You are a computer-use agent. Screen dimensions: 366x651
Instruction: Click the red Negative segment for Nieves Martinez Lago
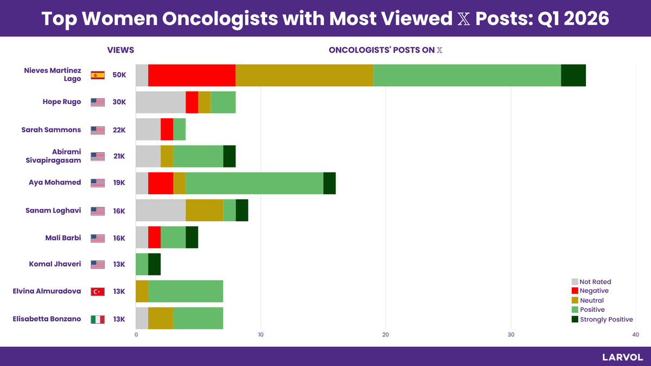point(192,75)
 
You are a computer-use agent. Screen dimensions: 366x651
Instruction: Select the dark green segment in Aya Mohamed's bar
point(329,183)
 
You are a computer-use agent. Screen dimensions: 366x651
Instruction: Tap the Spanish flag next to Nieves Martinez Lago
point(98,75)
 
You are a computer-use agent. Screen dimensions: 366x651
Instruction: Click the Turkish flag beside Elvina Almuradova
point(98,292)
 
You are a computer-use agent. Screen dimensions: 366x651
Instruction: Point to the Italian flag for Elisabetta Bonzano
point(98,319)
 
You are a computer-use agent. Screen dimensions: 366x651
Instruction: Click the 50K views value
point(119,75)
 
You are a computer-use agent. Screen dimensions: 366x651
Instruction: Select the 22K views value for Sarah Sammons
point(119,130)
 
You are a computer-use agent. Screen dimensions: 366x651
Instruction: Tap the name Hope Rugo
point(62,101)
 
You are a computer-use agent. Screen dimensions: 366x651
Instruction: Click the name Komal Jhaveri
point(55,264)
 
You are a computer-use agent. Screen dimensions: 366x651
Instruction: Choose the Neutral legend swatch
point(575,300)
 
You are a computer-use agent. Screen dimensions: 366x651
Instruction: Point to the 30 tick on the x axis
point(510,335)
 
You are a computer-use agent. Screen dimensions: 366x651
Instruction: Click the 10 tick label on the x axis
point(260,335)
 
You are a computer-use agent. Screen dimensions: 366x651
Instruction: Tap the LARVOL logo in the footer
point(622,357)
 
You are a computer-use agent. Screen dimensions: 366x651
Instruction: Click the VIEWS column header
point(120,50)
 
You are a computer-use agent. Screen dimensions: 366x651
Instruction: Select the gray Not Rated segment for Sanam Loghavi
point(161,210)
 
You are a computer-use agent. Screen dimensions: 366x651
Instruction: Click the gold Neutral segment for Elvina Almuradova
point(142,292)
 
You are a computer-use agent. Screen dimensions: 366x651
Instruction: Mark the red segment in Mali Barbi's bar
point(154,237)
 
